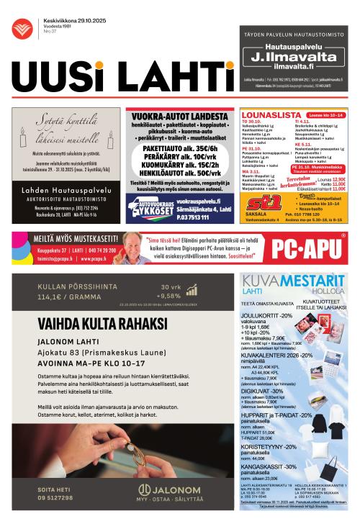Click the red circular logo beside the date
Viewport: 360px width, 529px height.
click(x=27, y=29)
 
